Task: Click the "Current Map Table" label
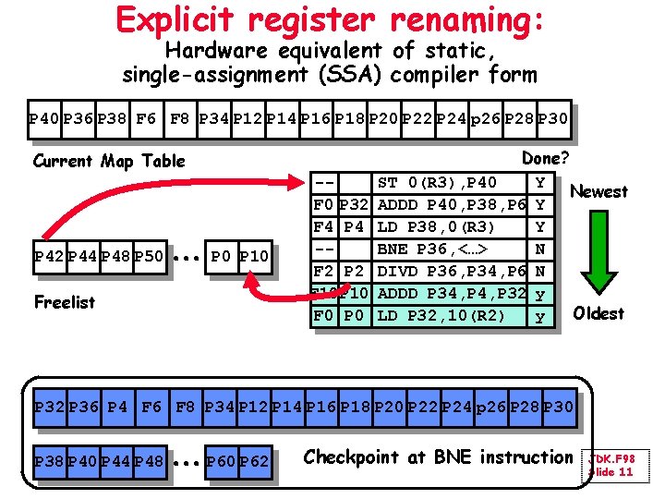[x=109, y=161]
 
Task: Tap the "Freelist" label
[x=64, y=301]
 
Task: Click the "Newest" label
[x=598, y=191]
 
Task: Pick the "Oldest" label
[x=598, y=313]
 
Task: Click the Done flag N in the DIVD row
[x=539, y=270]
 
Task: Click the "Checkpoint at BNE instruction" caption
[x=438, y=456]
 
